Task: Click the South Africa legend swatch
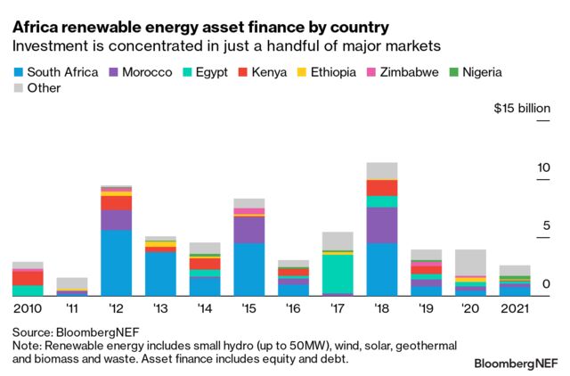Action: (18, 72)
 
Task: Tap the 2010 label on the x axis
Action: (28, 308)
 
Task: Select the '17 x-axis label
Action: (338, 308)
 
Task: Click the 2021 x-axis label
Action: (516, 308)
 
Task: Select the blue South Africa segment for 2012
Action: (116, 263)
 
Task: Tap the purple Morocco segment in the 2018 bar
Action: (382, 225)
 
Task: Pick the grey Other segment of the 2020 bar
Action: (471, 263)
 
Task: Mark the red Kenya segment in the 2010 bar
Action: (28, 278)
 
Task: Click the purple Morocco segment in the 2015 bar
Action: (248, 230)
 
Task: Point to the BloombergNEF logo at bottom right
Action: (515, 364)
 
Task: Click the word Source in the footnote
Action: (33, 329)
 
